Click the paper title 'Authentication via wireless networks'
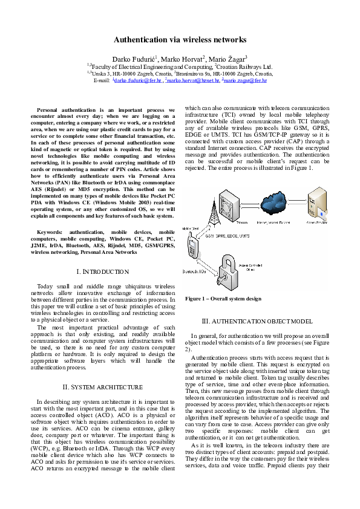(x=180, y=40)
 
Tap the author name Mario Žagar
(x=228, y=58)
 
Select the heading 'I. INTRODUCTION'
(x=102, y=272)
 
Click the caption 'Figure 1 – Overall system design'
(x=223, y=299)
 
